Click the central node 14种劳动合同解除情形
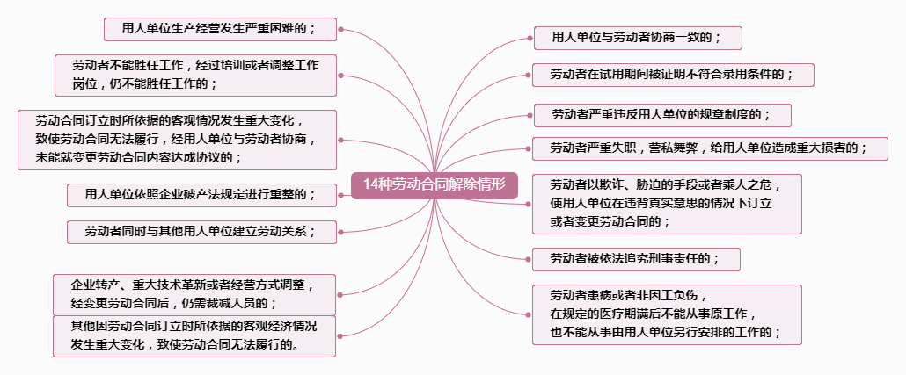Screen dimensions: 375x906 435,185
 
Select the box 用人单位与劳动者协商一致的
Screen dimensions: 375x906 638,38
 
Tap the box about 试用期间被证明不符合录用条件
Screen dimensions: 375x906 672,75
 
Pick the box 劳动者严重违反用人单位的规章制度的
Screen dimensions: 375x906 661,115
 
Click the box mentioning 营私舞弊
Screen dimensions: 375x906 709,148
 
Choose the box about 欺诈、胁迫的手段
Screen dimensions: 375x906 667,203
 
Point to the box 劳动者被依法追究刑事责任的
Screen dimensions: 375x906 636,259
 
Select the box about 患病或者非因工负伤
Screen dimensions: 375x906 667,314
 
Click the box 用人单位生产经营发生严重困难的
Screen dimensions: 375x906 221,29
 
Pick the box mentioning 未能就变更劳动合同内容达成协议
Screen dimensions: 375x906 177,140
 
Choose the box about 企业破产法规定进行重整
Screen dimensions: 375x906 202,194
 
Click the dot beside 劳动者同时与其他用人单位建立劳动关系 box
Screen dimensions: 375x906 340,232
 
